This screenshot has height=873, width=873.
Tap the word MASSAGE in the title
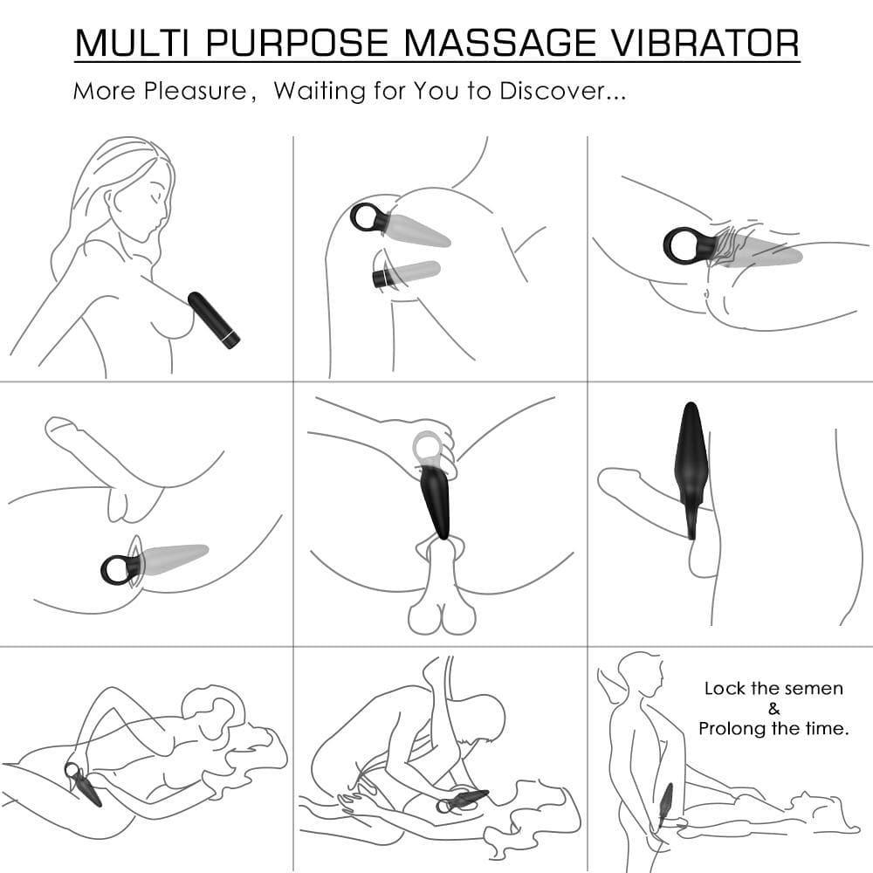pos(504,44)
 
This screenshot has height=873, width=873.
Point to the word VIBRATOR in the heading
pos(705,44)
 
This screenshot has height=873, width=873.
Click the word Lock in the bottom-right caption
pos(725,689)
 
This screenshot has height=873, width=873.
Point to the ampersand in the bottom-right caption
pos(774,709)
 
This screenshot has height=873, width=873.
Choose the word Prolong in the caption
pos(732,729)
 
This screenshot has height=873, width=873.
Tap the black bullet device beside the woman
pos(213,320)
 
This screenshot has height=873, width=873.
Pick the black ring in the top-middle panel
pos(367,217)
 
